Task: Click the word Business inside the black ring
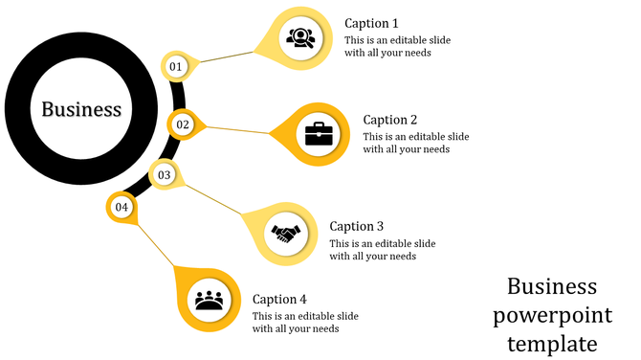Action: [x=81, y=109]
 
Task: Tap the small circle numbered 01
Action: [x=175, y=66]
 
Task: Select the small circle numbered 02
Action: [x=183, y=124]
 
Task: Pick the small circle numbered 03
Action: [x=165, y=175]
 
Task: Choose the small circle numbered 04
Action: [x=121, y=207]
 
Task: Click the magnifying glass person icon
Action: [x=299, y=38]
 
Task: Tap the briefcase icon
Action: [x=319, y=133]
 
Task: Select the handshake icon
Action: [x=285, y=233]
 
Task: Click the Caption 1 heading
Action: [x=371, y=23]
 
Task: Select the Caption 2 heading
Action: [x=390, y=120]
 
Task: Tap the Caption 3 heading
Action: [x=356, y=226]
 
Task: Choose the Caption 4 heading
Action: [x=279, y=299]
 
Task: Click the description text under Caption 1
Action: [x=397, y=46]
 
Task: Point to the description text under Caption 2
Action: [x=416, y=143]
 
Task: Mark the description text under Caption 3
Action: [x=382, y=249]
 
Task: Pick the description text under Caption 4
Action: [x=305, y=322]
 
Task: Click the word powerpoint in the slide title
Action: [x=553, y=315]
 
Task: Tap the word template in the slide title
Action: [x=553, y=343]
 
